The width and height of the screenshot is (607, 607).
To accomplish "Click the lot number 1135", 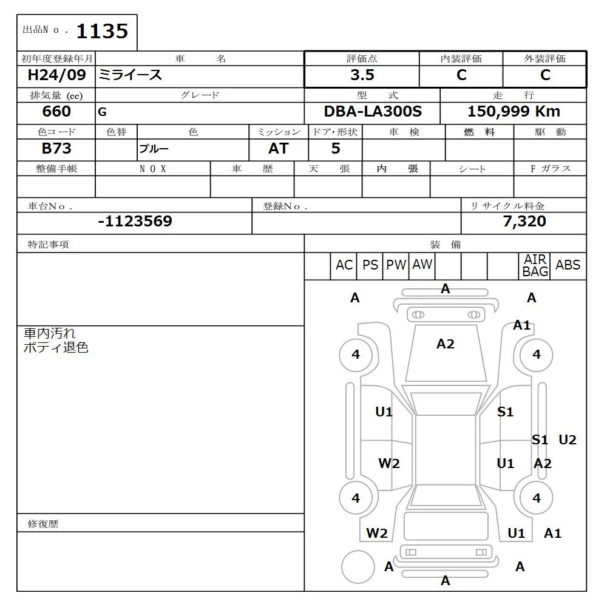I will [102, 31].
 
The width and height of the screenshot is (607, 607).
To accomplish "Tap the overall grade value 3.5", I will [362, 75].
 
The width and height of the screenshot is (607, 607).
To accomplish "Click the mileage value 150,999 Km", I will [514, 112].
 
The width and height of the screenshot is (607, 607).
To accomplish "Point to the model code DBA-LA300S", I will [372, 112].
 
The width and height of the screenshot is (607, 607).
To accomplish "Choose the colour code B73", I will [56, 149].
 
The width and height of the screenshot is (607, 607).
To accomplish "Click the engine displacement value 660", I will [56, 112].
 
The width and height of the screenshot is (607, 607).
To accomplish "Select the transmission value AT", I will [279, 149].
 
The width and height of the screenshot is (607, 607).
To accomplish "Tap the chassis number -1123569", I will [135, 222].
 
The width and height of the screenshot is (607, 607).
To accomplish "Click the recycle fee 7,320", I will [524, 222].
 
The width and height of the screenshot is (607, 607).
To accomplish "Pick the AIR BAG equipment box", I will [535, 266].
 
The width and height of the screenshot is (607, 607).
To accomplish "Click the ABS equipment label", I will [568, 265].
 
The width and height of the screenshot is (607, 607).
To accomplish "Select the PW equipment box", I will [396, 265].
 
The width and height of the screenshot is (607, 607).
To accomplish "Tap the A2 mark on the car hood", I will [446, 344].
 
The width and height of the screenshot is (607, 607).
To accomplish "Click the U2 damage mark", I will [567, 440].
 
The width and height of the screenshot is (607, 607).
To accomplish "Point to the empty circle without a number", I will [358, 568].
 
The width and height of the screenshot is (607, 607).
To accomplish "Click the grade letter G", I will [101, 112].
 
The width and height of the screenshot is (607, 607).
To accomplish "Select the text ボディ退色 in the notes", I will [56, 348].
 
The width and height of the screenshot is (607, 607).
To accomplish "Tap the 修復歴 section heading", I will [43, 523].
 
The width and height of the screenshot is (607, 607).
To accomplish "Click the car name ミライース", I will [131, 75].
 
